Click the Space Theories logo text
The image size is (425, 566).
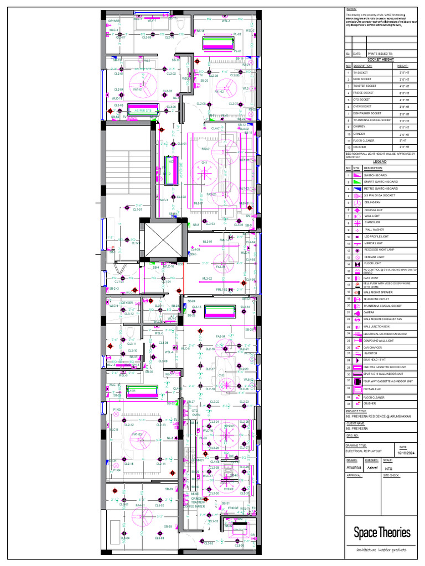coord(382,533)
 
